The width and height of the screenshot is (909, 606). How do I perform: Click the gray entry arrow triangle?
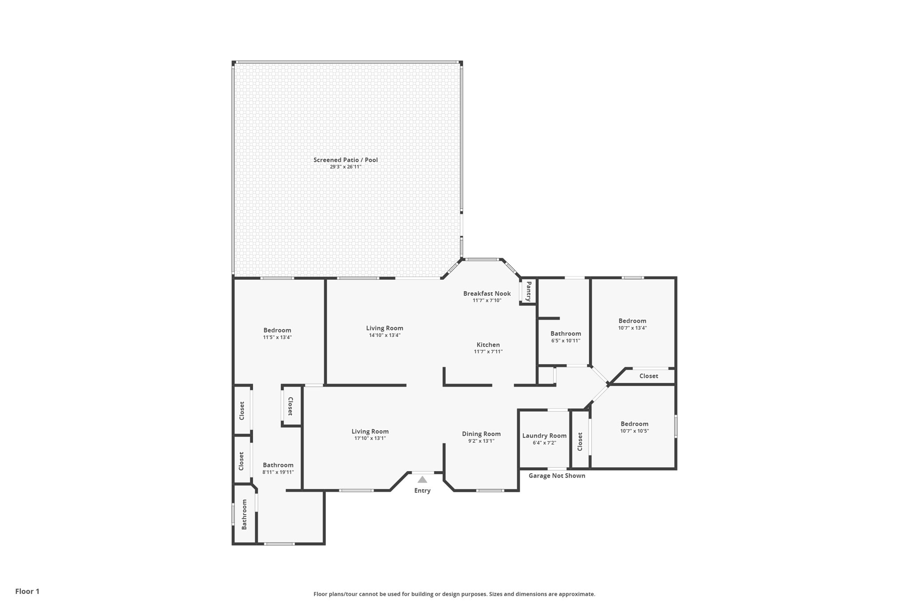422,479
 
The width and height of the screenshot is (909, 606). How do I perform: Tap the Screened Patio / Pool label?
345,160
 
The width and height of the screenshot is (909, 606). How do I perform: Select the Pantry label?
529,291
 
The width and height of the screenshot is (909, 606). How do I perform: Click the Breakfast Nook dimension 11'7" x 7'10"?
487,301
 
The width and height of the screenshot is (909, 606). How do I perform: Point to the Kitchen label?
488,345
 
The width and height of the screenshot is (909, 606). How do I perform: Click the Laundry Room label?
544,436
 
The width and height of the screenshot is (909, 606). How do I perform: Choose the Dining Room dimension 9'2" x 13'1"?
481,441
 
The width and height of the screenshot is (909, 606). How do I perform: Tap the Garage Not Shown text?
557,475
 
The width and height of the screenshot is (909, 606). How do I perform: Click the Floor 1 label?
28,591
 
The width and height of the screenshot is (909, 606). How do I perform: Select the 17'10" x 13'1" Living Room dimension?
370,438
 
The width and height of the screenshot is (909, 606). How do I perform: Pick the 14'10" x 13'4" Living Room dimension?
384,335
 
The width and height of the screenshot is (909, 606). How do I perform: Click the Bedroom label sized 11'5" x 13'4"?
277,330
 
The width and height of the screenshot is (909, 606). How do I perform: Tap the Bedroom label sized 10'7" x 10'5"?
634,424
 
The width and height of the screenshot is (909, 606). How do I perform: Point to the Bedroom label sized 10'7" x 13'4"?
632,321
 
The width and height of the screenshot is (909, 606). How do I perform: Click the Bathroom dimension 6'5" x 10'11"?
565,341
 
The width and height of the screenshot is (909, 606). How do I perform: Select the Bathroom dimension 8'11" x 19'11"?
278,472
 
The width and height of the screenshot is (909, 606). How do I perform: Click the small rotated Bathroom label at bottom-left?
244,515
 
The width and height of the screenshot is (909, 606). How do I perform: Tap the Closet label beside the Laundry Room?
580,442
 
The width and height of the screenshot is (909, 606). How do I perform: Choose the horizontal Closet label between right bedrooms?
648,376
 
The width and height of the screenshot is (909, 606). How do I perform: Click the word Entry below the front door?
422,491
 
